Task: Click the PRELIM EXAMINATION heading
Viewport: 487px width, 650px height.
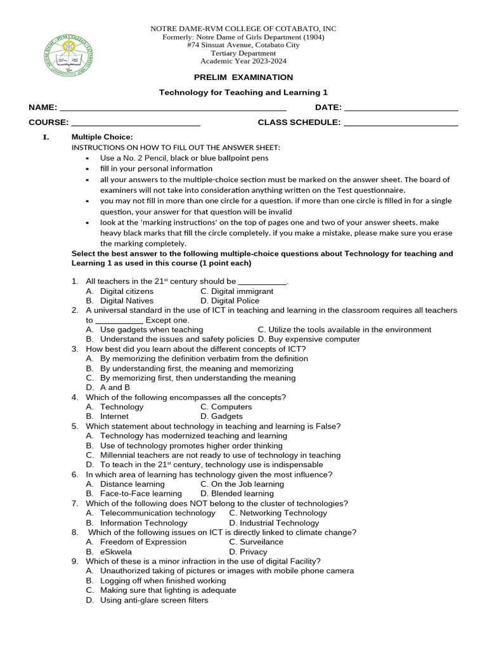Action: click(243, 77)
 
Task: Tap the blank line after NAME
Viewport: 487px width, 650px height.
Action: click(172, 108)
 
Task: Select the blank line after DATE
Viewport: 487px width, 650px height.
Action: click(401, 108)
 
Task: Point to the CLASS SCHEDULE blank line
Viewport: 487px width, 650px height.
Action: click(401, 123)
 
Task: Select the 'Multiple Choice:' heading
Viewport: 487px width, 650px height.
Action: click(102, 137)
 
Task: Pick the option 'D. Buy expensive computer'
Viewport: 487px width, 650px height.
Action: click(309, 339)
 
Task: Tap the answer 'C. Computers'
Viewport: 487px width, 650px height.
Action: click(226, 407)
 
